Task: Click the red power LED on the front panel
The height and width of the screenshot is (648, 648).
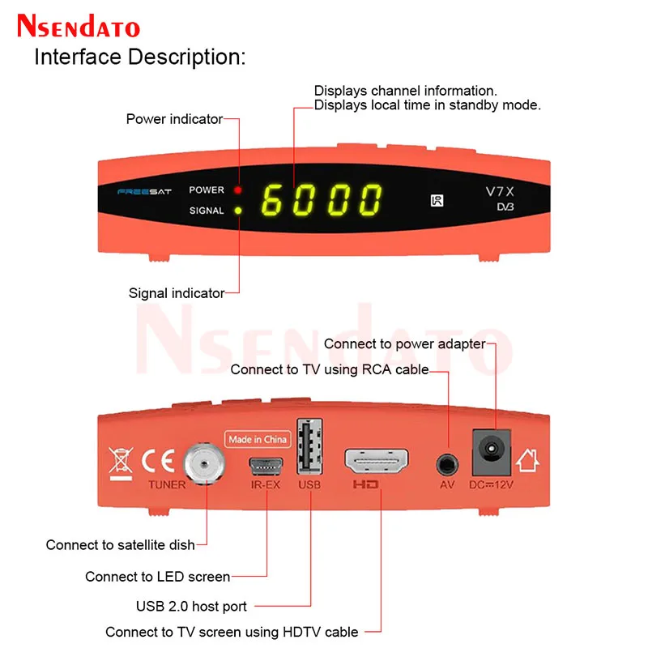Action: click(238, 190)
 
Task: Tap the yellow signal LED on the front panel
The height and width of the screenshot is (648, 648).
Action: click(238, 211)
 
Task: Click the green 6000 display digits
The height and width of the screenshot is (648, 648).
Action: click(322, 199)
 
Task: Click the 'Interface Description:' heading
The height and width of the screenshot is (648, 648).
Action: click(139, 58)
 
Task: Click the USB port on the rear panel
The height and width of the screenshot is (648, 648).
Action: click(309, 446)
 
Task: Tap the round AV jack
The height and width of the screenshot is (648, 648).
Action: click(446, 464)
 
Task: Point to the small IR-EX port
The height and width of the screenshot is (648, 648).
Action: click(266, 466)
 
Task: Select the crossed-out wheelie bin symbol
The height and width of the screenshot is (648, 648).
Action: click(120, 461)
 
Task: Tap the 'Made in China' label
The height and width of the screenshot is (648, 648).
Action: click(258, 440)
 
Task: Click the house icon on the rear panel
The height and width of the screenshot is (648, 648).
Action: click(530, 461)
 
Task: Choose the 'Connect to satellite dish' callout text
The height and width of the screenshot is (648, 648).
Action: click(121, 545)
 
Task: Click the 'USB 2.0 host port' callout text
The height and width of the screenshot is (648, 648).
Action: click(191, 606)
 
